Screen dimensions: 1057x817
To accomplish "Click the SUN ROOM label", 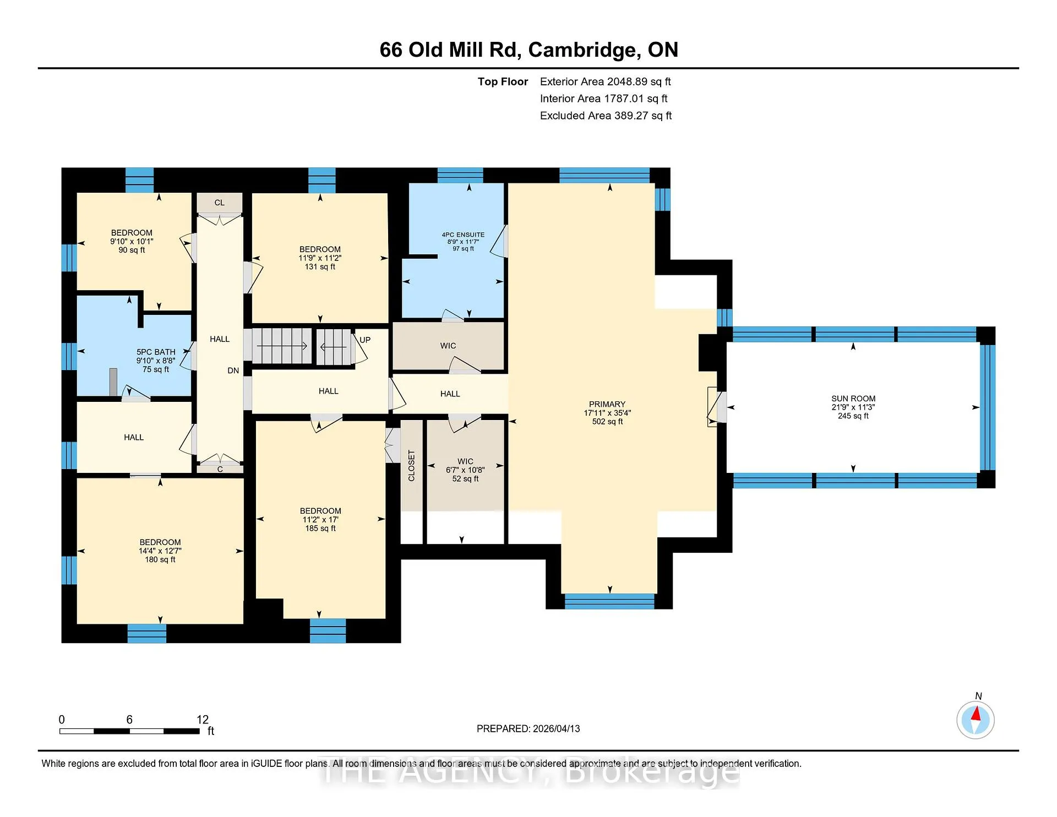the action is pyautogui.click(x=853, y=399).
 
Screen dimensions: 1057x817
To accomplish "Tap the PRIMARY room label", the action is pyautogui.click(x=607, y=404).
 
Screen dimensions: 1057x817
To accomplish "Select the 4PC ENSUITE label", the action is pyautogui.click(x=463, y=235).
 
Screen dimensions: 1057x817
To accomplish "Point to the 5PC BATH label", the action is pyautogui.click(x=156, y=352).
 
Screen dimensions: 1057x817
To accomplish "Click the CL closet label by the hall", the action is pyautogui.click(x=220, y=203).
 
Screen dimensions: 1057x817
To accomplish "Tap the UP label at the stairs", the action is pyautogui.click(x=365, y=340).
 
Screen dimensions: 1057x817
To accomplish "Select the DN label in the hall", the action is pyautogui.click(x=233, y=371).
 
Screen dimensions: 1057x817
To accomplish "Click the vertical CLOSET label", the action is pyautogui.click(x=411, y=466).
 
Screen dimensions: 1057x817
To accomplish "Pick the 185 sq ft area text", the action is pyautogui.click(x=320, y=529).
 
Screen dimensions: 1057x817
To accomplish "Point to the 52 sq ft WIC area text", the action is pyautogui.click(x=465, y=479).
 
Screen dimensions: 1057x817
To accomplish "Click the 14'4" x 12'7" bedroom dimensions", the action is pyautogui.click(x=160, y=551).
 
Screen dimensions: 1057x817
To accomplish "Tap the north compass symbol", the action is pyautogui.click(x=976, y=719).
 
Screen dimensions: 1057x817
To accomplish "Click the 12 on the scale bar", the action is pyautogui.click(x=203, y=720).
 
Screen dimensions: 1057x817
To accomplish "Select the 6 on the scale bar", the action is pyautogui.click(x=129, y=720).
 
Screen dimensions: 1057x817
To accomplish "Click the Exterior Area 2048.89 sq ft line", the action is pyautogui.click(x=606, y=81).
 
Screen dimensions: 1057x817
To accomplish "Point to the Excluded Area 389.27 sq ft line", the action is pyautogui.click(x=606, y=116).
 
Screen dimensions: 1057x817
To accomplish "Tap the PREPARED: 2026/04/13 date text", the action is pyautogui.click(x=528, y=728).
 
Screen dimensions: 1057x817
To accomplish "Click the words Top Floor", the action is pyautogui.click(x=503, y=81).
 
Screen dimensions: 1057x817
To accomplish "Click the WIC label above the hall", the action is pyautogui.click(x=448, y=346).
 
